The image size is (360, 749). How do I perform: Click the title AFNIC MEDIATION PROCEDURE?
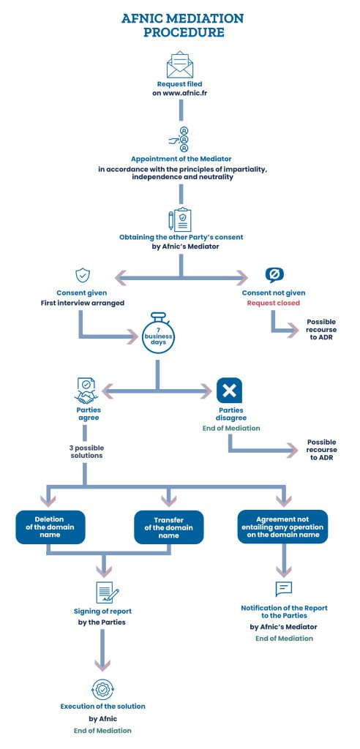pos(180,25)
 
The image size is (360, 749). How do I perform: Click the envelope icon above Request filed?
pos(180,64)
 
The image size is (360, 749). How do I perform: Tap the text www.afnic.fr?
pos(180,94)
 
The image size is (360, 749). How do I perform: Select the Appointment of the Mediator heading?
pos(180,159)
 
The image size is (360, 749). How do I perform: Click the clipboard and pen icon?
pos(180,219)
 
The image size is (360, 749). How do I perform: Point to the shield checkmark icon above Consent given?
pos(83,275)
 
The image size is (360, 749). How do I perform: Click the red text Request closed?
pos(273,302)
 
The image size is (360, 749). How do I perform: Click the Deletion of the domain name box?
pos(50,527)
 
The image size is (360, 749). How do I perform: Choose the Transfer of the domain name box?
pos(169,527)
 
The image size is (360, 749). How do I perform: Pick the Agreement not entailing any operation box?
pos(282,527)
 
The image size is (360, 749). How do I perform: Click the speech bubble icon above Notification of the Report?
pos(283,589)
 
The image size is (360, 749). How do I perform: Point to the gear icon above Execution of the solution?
pos(102,688)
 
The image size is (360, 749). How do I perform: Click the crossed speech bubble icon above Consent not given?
pos(273,275)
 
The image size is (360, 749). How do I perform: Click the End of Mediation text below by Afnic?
pos(102,730)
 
